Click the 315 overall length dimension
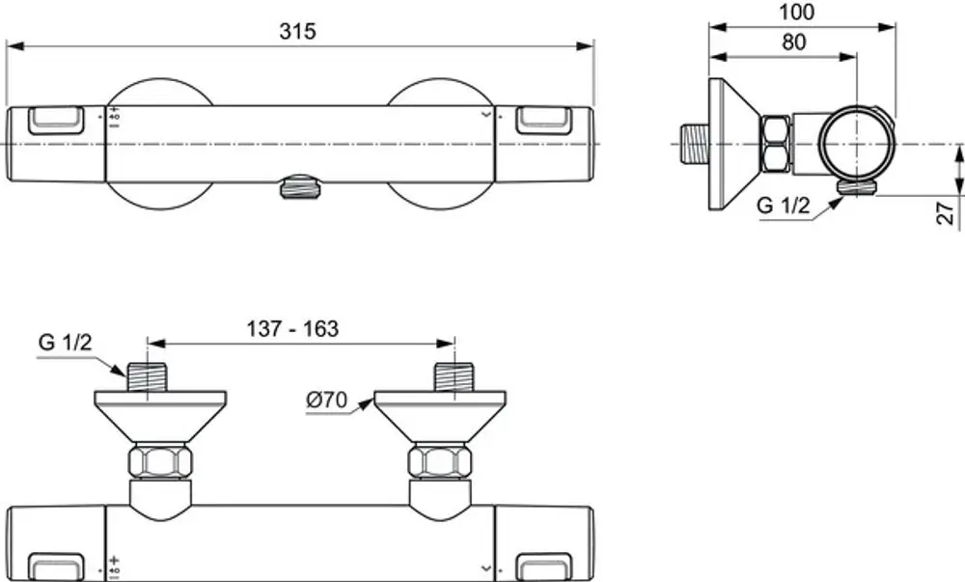[x=297, y=31]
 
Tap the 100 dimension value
[x=796, y=12]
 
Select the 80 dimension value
[x=794, y=42]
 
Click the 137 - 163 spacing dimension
[x=293, y=328]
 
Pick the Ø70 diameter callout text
[x=327, y=400]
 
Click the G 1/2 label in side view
[x=784, y=205]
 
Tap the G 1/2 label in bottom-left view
[x=66, y=342]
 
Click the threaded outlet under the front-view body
[x=301, y=187]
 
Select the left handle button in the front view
[x=56, y=120]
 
